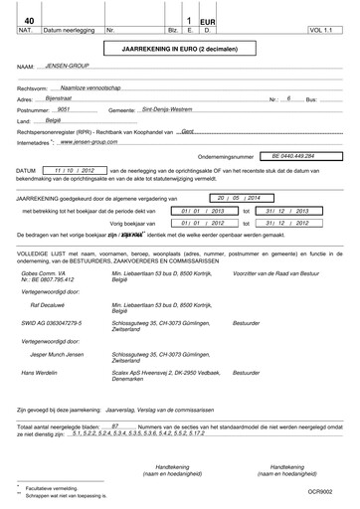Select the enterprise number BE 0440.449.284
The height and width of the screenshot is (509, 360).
[x=299, y=155]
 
